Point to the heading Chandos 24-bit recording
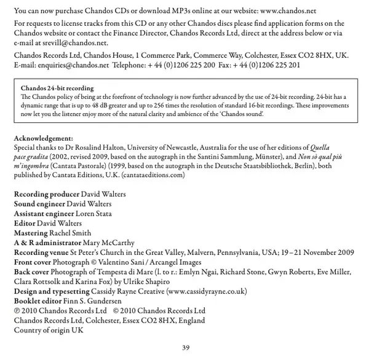(x=57, y=89)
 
